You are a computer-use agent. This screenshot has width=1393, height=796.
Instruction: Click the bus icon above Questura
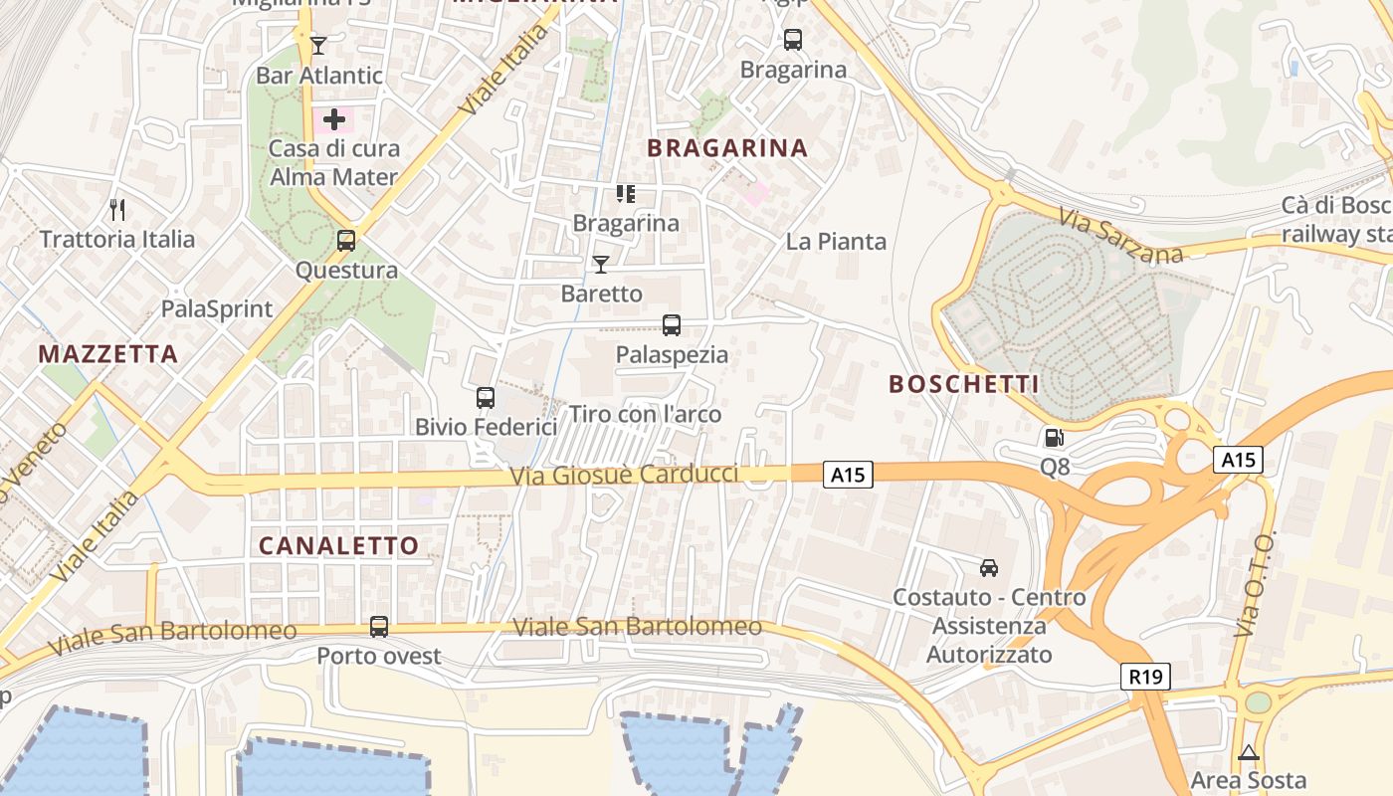pos(345,241)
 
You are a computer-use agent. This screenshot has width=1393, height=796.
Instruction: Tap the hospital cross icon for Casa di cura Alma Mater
pos(334,119)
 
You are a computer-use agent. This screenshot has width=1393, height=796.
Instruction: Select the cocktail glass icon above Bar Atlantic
pos(317,45)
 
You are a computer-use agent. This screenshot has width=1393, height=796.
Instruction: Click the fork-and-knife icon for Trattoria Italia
pos(117,209)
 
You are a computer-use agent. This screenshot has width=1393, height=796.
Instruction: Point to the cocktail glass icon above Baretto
pos(601,264)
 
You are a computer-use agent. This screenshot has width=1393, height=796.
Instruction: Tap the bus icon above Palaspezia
pos(672,325)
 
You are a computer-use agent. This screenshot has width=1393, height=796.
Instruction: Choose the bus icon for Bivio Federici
pos(486,398)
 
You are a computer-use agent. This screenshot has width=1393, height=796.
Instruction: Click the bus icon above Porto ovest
pos(379,627)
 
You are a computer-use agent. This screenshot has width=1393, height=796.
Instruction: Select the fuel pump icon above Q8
pos(1054,437)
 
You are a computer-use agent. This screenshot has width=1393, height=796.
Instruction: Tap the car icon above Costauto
pos(988,568)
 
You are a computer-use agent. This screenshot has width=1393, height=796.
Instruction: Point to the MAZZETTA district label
pos(108,354)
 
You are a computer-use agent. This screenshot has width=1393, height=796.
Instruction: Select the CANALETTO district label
pos(338,545)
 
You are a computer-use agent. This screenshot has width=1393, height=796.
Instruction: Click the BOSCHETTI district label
pos(963,384)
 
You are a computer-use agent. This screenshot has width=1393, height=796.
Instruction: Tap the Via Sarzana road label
pos(1120,236)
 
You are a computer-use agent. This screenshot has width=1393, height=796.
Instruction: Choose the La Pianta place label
pos(836,242)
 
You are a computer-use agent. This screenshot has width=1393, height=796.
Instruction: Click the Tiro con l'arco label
pos(645,414)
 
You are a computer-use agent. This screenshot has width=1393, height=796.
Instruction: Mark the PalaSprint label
pos(217,308)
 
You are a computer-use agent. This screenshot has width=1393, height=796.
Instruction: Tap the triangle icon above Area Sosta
pos(1249,753)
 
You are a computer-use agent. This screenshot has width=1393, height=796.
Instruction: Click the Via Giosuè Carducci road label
pos(624,475)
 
